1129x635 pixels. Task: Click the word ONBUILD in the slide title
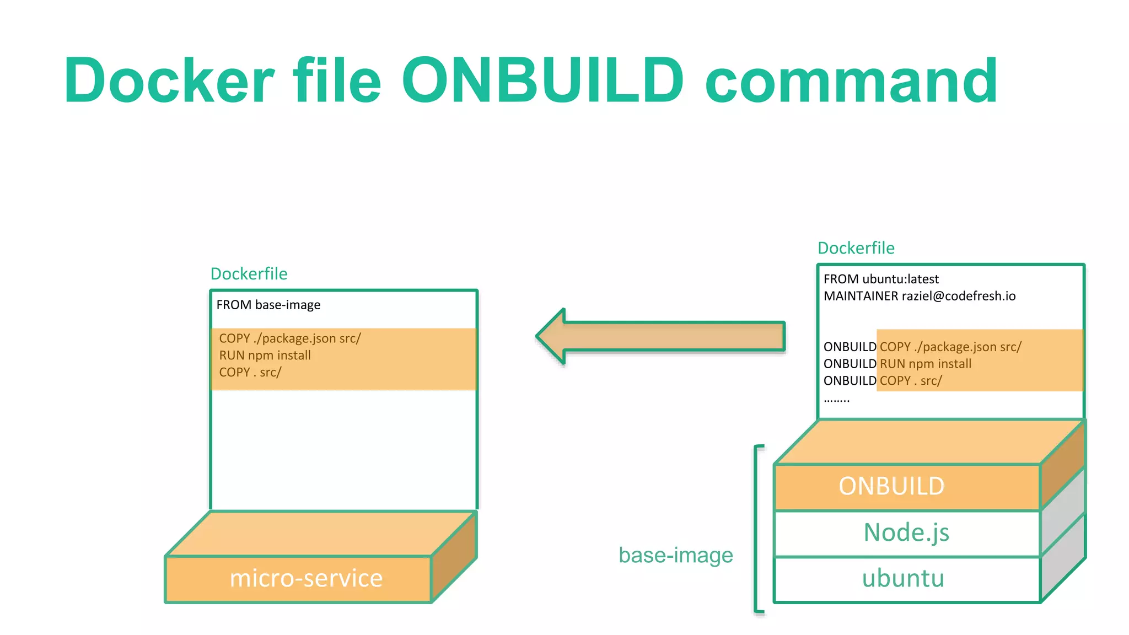click(x=543, y=80)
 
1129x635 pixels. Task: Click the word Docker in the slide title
click(x=169, y=80)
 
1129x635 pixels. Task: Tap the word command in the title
click(x=851, y=80)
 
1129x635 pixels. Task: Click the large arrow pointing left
click(x=662, y=336)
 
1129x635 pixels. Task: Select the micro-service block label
click(x=306, y=578)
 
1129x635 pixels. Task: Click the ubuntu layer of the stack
click(x=903, y=578)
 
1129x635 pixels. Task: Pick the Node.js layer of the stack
click(x=906, y=532)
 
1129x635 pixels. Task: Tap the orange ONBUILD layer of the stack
click(x=891, y=486)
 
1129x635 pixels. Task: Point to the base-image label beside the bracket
click(x=676, y=555)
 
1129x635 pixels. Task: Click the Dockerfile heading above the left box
click(x=249, y=274)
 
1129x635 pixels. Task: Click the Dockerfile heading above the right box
click(x=856, y=248)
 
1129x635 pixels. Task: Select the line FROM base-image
click(x=268, y=305)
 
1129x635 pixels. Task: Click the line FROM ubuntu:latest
click(x=880, y=279)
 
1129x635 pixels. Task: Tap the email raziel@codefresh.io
click(x=958, y=296)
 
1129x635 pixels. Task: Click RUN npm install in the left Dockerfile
click(x=265, y=356)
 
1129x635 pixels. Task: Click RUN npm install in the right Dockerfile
click(x=925, y=364)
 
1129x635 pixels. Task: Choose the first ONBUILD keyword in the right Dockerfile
click(x=849, y=347)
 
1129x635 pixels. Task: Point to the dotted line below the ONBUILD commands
click(x=836, y=399)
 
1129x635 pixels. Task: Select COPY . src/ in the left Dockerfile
click(x=250, y=373)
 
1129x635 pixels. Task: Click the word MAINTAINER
click(x=861, y=296)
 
